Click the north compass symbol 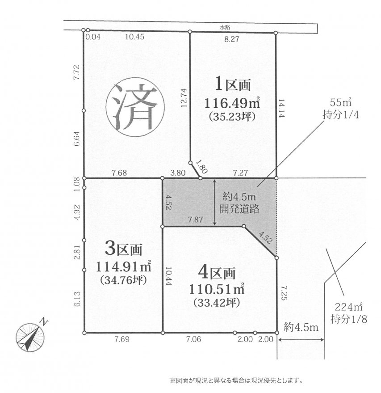[x=30, y=336]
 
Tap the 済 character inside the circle [x=135, y=107]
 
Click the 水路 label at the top [x=225, y=27]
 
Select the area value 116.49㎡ [x=232, y=103]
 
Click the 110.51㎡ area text [x=217, y=289]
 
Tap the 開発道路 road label [x=239, y=208]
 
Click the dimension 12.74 [x=184, y=98]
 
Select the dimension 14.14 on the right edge [x=281, y=108]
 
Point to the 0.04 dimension [x=93, y=37]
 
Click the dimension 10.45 [x=135, y=37]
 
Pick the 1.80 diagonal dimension [x=201, y=167]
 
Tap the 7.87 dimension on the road [x=196, y=220]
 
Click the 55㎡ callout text [x=340, y=102]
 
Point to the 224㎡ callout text [x=348, y=307]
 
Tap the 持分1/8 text [x=349, y=319]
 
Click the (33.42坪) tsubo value [x=217, y=303]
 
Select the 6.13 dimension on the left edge [x=77, y=299]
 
